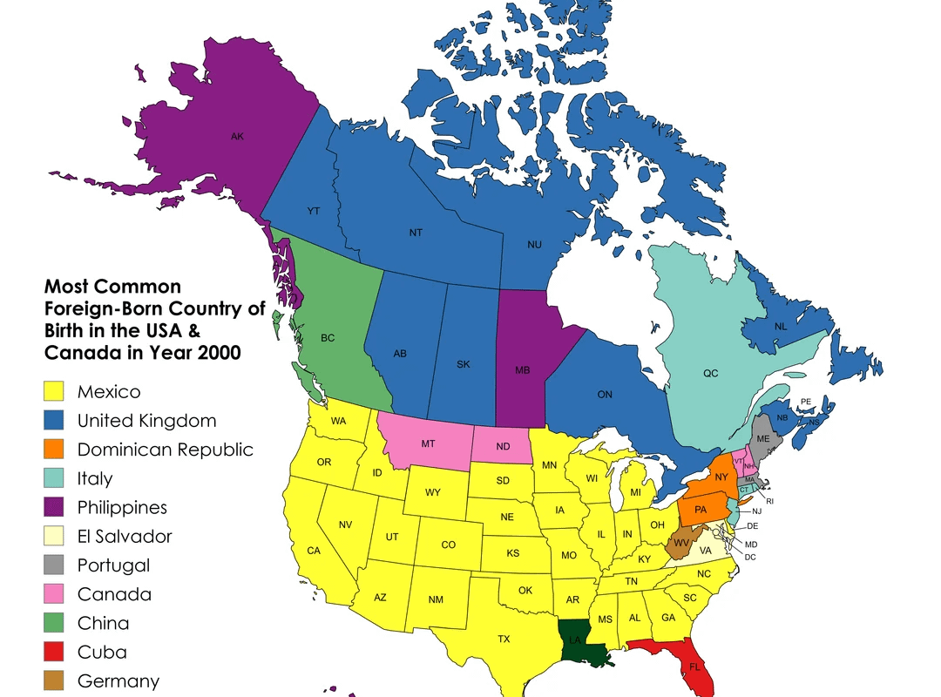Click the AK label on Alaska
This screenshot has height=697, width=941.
click(x=237, y=137)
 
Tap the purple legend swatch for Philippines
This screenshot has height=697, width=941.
click(x=57, y=507)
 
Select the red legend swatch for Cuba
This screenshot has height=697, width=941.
click(x=57, y=652)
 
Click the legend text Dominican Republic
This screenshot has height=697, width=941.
click(x=166, y=450)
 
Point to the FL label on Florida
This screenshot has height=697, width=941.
click(x=694, y=667)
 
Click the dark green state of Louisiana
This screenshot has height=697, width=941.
click(x=578, y=643)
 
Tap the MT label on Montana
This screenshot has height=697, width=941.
click(x=428, y=443)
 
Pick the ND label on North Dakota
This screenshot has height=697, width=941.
click(x=503, y=448)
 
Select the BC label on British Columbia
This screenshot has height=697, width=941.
click(x=328, y=338)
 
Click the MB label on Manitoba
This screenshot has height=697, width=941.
click(x=523, y=370)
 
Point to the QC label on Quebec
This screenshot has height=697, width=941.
click(x=711, y=373)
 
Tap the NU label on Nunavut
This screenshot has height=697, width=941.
click(x=534, y=245)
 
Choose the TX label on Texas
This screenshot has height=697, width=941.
click(x=504, y=639)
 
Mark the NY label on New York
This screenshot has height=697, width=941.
click(x=721, y=477)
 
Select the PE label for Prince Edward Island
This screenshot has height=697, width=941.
click(x=805, y=402)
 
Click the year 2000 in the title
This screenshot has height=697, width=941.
click(x=218, y=353)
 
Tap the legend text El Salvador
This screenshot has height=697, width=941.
click(x=125, y=536)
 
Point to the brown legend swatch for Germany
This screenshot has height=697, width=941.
click(x=57, y=680)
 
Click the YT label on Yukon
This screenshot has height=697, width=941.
click(x=314, y=211)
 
